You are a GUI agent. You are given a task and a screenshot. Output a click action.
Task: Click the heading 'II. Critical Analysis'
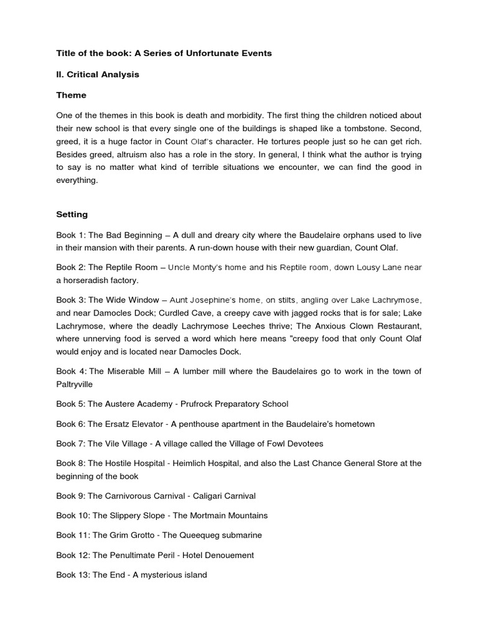[98, 75]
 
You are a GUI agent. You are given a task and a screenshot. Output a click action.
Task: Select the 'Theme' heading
[71, 95]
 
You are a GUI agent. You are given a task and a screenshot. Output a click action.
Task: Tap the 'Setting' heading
[72, 214]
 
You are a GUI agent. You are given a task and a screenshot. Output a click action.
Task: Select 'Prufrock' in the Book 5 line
[198, 404]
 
